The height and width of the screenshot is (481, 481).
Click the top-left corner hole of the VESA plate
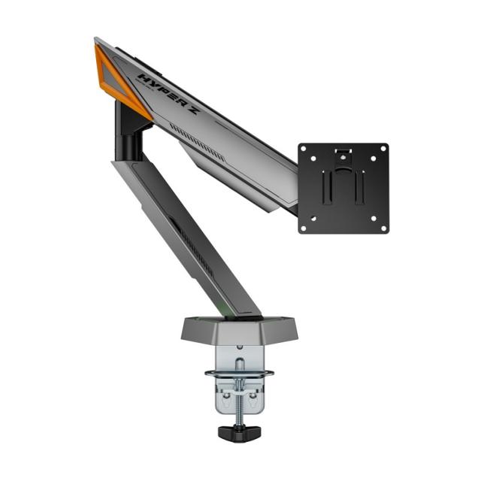tap(305, 150)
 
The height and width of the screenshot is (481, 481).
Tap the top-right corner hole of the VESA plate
tap(382, 150)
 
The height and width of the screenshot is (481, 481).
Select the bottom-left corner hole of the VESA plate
tap(305, 226)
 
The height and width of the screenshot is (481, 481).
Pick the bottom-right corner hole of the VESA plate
tap(382, 226)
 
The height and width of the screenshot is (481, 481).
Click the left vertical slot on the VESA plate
tap(328, 192)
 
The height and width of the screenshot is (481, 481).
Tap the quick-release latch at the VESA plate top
tap(343, 155)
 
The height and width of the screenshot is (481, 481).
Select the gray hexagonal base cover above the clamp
tap(237, 328)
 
